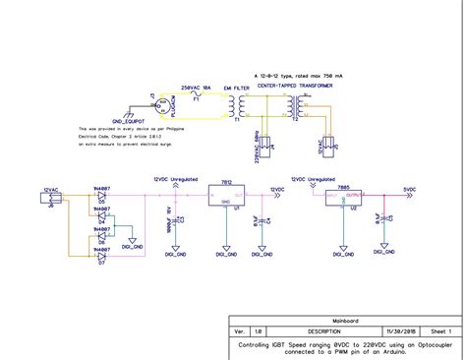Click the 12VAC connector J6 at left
(x=50, y=199)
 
